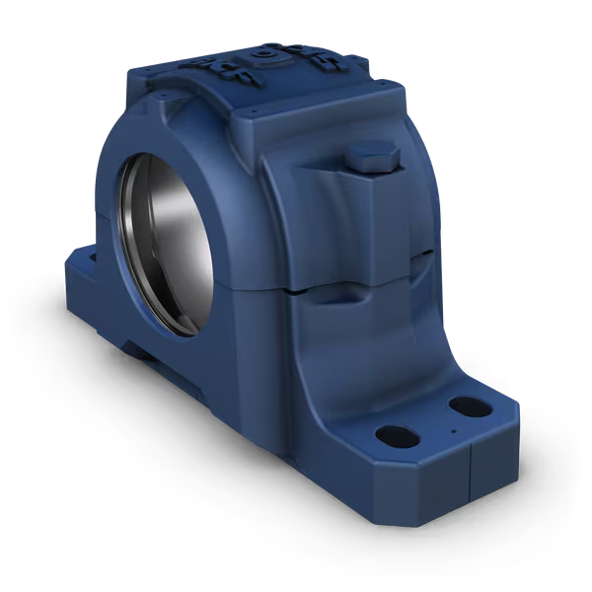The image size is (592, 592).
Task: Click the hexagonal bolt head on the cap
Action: pos(373,157)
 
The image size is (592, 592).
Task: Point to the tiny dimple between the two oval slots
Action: pos(452,430)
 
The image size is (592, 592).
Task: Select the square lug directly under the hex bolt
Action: pos(372,207)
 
